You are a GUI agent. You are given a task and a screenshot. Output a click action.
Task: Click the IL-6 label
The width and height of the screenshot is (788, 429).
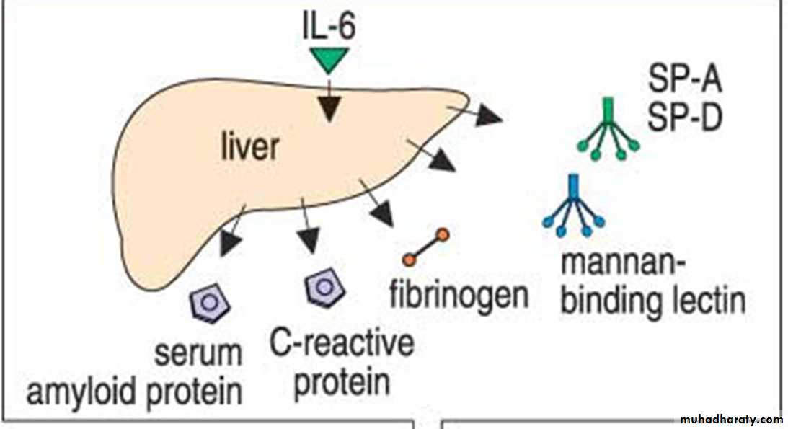(x=329, y=27)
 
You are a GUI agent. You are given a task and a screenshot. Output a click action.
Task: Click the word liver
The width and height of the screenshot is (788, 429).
(x=248, y=147)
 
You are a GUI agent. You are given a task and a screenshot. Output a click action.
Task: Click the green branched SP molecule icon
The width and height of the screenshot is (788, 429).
(x=608, y=130)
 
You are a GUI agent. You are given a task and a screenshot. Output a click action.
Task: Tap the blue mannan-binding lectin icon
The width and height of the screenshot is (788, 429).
(x=573, y=208)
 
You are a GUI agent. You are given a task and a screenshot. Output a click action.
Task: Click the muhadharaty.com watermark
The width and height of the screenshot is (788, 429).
(x=732, y=419)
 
